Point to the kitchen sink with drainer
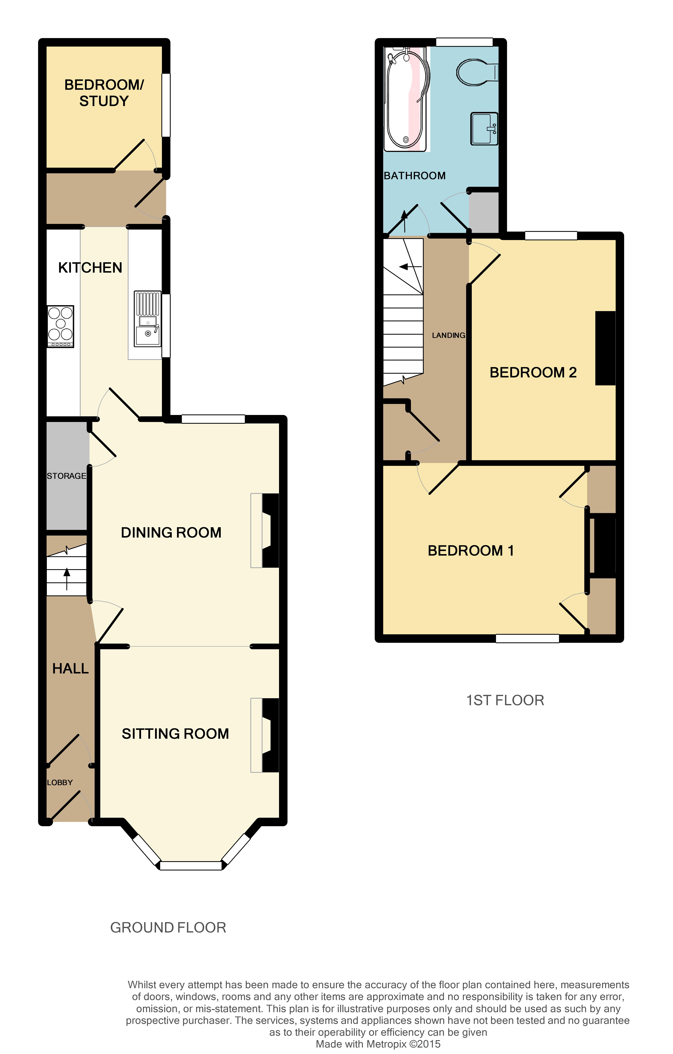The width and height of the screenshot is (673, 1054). (148, 319)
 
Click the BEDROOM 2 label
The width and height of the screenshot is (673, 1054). (533, 372)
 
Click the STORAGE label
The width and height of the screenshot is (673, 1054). (66, 476)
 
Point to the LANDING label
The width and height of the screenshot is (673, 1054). (448, 335)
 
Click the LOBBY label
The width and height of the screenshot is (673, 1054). (60, 783)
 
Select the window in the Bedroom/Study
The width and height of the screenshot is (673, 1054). (166, 105)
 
